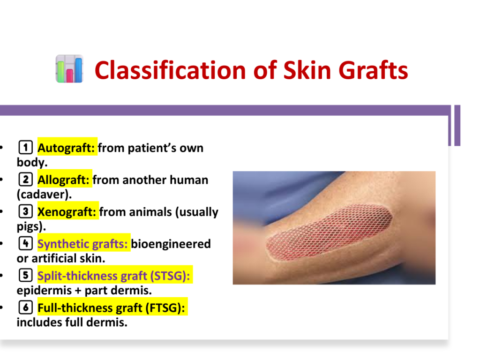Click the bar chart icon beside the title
click(x=69, y=69)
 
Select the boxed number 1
click(x=25, y=148)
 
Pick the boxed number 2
click(x=25, y=180)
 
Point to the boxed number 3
click(x=25, y=211)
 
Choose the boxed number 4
click(x=25, y=243)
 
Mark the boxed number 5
click(x=25, y=275)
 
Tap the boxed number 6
click(x=25, y=307)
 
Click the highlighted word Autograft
click(x=66, y=148)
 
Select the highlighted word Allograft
click(x=63, y=180)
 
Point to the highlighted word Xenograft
click(x=67, y=212)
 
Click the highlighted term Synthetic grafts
click(x=82, y=244)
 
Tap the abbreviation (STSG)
click(x=170, y=276)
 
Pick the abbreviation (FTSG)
click(x=165, y=308)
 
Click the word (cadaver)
click(x=44, y=194)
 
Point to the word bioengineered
click(x=171, y=244)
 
